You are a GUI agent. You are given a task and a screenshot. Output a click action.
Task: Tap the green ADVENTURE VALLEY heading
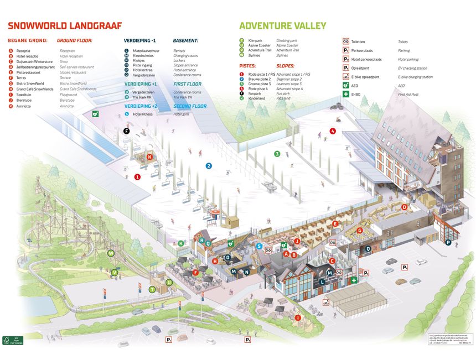[x=282, y=25]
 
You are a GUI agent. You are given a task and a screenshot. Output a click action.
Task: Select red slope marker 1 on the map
[x=137, y=177]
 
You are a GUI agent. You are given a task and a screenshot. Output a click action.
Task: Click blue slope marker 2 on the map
[x=209, y=165]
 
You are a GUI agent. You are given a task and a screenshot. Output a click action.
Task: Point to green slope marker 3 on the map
[x=277, y=154]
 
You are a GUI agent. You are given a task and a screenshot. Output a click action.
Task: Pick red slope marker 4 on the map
[x=333, y=131]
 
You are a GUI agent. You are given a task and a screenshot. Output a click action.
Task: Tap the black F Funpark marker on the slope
[x=127, y=131]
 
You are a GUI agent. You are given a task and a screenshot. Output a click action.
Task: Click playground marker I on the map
[x=298, y=317]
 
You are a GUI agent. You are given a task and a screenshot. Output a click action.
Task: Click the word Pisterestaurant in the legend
[x=32, y=72]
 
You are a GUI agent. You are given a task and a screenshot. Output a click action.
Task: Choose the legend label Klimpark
[x=255, y=40]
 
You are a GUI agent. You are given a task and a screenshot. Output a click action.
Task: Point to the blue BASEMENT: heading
[x=185, y=40]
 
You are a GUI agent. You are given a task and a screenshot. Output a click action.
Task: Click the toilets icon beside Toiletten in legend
[x=346, y=41]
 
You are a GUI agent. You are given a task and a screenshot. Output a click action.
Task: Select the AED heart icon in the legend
[x=346, y=86]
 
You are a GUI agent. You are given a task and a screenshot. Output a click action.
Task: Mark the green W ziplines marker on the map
[x=111, y=253]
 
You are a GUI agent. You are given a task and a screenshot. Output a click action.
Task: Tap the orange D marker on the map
[x=405, y=207]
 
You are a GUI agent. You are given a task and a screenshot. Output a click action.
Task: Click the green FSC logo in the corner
[x=7, y=340]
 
